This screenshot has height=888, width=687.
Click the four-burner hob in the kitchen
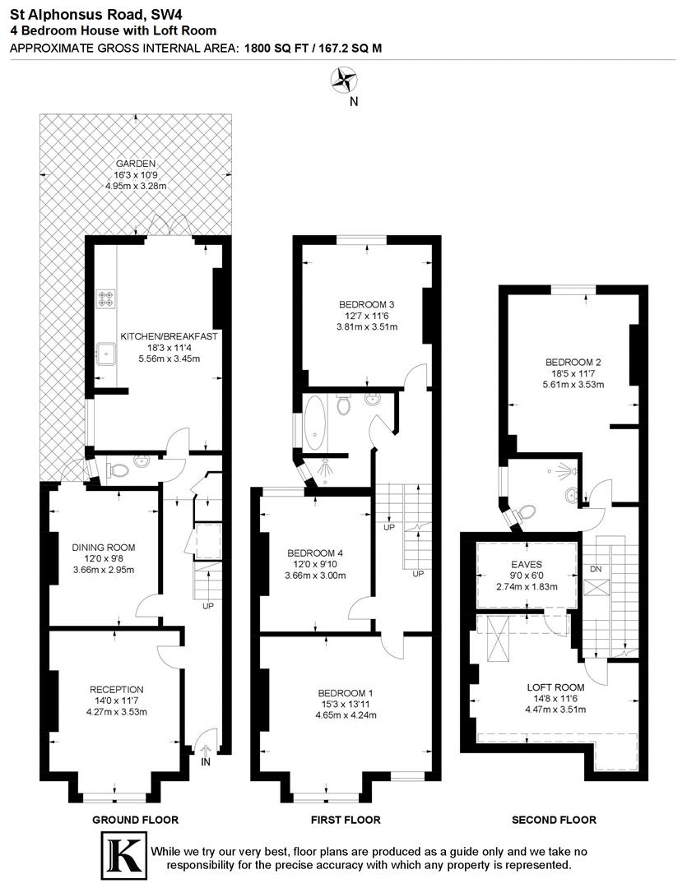click(x=106, y=298)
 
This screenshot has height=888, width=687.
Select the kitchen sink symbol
click(x=105, y=352)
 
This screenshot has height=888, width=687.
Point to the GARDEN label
click(x=136, y=164)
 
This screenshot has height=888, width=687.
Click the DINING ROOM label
click(x=103, y=548)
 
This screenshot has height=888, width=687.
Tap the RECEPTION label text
click(x=117, y=689)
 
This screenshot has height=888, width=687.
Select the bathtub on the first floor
click(x=315, y=422)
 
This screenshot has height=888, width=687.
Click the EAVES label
click(x=527, y=563)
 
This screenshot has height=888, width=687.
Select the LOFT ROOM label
click(x=555, y=687)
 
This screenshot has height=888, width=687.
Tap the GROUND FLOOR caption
click(x=135, y=820)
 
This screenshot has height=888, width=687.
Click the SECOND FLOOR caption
click(x=554, y=820)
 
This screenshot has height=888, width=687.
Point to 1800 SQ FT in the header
click(x=274, y=48)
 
